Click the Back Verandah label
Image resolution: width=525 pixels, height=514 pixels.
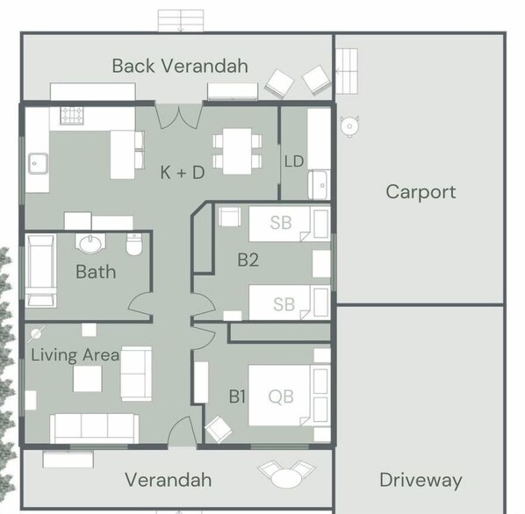tap(180, 66)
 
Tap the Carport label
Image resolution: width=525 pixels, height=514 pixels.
tap(421, 192)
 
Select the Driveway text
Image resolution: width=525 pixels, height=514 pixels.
tap(421, 480)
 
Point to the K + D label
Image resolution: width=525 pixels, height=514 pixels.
tap(183, 173)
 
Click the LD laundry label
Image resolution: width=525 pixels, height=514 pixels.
tap(294, 161)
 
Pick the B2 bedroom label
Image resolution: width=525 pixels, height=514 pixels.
tap(248, 260)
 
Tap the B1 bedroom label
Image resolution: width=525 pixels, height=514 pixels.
tap(237, 396)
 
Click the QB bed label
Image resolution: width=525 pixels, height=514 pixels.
tap(281, 396)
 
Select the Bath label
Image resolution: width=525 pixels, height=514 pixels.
tap(96, 272)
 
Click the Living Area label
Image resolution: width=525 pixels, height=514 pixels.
tap(75, 355)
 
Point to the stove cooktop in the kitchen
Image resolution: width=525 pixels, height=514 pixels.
tap(72, 116)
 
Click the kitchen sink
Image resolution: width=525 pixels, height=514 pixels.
tap(38, 163)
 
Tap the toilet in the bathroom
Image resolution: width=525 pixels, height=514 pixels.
tap(134, 245)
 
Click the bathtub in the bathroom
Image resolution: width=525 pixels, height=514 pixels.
tap(41, 271)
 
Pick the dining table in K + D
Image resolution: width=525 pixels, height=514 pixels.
tap(237, 151)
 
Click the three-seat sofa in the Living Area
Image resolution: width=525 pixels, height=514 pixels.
tap(95, 429)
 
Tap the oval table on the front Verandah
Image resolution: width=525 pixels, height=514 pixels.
tap(286, 478)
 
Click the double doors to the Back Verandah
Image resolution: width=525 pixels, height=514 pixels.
tap(179, 117)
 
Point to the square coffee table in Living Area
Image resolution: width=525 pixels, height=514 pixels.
tap(88, 379)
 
